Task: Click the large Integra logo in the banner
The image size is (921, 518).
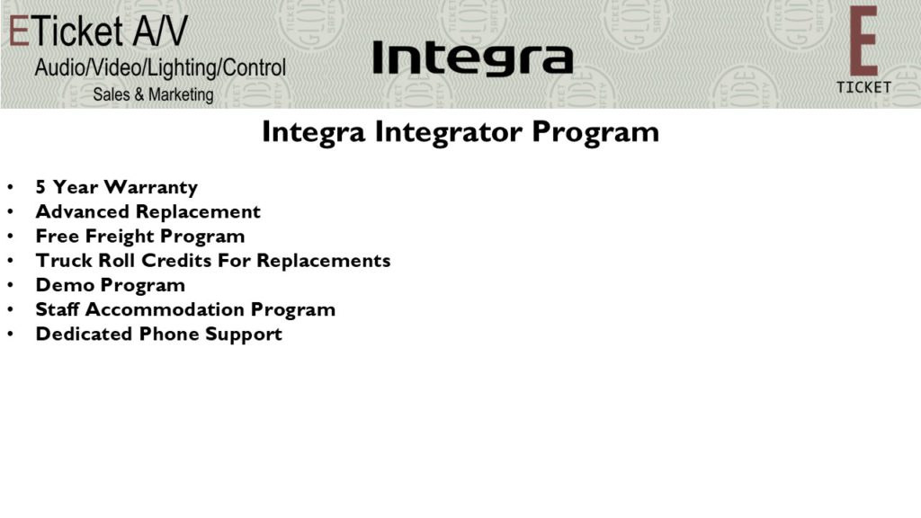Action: coord(473,58)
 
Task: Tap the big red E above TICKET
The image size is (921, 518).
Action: coord(863,41)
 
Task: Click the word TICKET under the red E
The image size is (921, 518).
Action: coord(863,87)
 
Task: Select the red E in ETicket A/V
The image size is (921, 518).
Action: coord(19,31)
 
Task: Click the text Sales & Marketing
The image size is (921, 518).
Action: coord(153,94)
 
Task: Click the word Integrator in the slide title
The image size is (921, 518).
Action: coord(450,132)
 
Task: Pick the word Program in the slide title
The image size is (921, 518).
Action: coord(595,132)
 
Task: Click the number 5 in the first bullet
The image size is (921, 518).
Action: coord(40,187)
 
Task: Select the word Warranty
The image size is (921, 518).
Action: coord(151,188)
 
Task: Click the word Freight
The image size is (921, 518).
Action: coord(120,237)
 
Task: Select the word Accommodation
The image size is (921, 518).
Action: coord(165,309)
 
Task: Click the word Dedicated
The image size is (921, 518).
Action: coord(84,334)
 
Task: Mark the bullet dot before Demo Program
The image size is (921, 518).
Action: coord(10,285)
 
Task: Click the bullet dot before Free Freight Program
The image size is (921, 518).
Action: coord(10,237)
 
